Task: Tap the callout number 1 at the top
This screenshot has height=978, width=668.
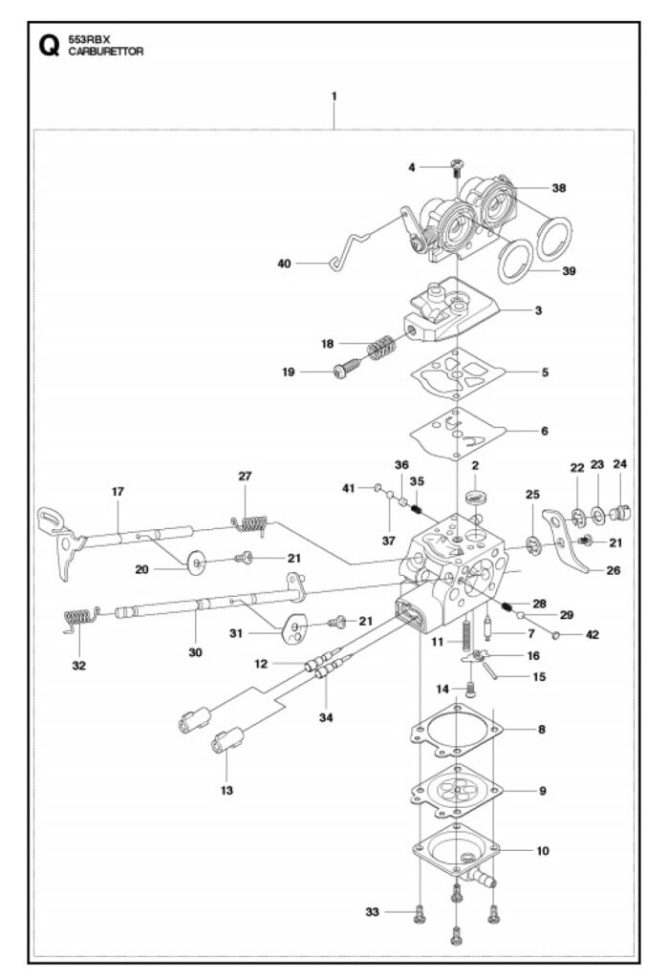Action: point(334,96)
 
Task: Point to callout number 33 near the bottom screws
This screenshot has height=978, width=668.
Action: point(373,912)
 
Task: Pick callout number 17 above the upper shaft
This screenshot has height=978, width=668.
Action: point(119,492)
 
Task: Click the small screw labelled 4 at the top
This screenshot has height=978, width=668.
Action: point(456,168)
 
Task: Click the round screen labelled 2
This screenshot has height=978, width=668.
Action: point(476,498)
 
